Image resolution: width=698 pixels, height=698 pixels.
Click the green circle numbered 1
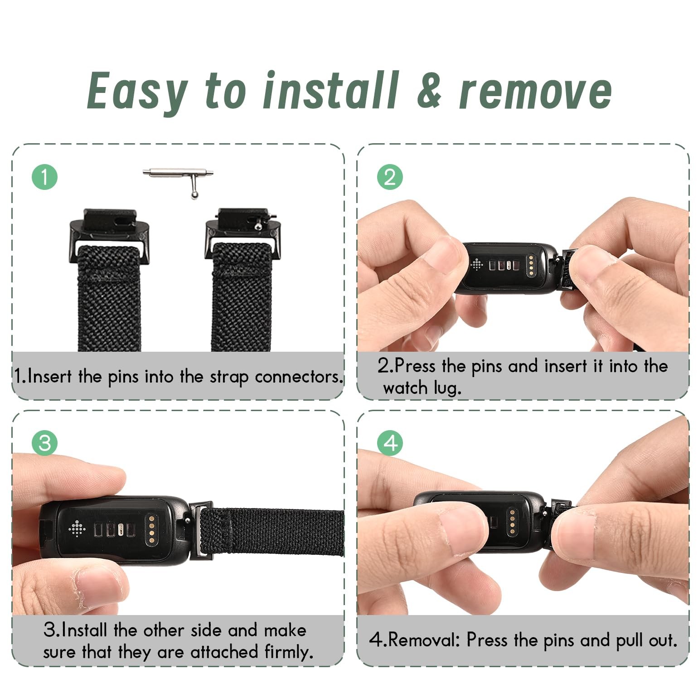pos(44,177)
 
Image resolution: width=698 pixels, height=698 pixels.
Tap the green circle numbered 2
pos(390,177)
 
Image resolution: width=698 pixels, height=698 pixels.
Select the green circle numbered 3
pos(44,442)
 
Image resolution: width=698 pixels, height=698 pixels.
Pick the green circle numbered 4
pos(390,442)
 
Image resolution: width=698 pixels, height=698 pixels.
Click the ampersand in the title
pos(429,91)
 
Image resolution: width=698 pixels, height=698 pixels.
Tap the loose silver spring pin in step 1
pos(178,179)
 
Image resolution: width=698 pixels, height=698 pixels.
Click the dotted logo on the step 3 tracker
pos(77,528)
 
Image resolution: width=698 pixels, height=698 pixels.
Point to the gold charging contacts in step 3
pos(151,528)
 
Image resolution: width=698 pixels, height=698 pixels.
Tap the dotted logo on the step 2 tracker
pos(477,264)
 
